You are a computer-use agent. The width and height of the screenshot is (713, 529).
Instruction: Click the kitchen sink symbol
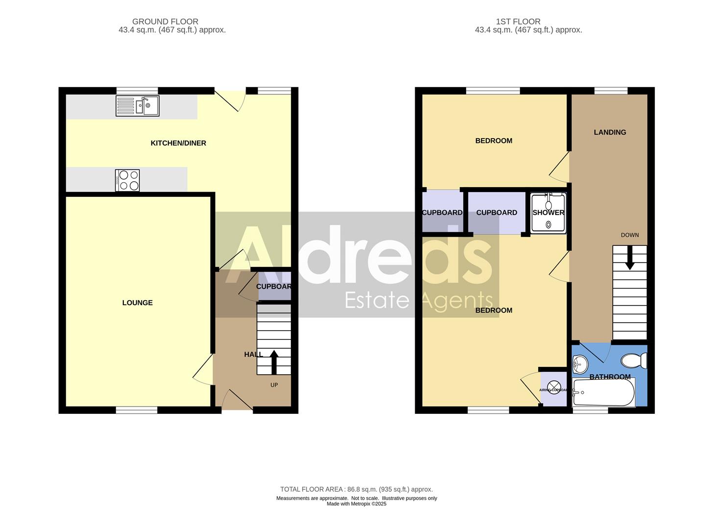coord(138,106)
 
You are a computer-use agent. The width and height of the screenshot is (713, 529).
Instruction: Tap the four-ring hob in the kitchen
coord(127,180)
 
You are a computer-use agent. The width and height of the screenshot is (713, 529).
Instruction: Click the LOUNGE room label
coord(138,303)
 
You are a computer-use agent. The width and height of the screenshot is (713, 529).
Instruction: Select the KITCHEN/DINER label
coord(178,143)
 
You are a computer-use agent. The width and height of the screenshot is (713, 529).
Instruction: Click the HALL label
coord(253,354)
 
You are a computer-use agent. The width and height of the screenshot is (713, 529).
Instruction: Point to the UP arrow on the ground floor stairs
coord(274,362)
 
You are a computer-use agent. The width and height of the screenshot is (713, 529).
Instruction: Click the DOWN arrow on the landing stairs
coord(630,257)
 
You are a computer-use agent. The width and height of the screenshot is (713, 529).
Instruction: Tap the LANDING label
coord(610,132)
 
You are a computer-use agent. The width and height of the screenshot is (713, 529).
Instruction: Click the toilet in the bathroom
coord(634,361)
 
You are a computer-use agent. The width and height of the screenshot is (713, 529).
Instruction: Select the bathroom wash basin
coord(580,363)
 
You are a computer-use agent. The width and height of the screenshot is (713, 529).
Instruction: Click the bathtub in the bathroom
coord(604,392)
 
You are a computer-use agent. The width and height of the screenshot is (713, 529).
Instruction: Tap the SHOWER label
coord(548,213)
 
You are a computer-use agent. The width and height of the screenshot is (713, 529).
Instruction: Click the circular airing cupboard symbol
coord(554,387)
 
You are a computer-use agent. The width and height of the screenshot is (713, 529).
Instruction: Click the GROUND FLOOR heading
coord(165,22)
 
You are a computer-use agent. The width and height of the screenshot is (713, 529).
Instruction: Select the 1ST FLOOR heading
coord(518,22)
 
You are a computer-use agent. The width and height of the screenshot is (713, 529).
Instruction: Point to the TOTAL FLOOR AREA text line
coord(356,489)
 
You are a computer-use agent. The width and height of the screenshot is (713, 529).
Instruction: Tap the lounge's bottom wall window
coord(137,410)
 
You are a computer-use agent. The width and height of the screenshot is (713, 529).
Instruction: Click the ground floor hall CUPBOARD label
coord(274,287)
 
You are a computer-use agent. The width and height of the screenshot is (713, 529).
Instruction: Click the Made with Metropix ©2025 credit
coord(356,504)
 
